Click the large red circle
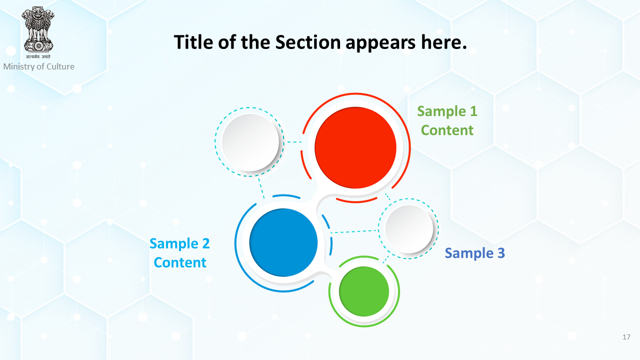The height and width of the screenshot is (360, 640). click(355, 147)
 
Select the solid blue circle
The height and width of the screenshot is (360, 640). click(283, 242)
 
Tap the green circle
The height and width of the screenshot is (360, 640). click(364, 291)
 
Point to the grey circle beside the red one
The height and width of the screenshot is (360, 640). click(250, 142)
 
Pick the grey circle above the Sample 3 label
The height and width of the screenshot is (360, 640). click(409, 229)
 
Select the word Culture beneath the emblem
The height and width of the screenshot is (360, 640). click(60, 66)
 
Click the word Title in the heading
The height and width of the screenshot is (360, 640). click(193, 42)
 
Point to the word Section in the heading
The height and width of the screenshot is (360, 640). click(308, 42)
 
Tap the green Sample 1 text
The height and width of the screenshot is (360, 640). click(447, 111)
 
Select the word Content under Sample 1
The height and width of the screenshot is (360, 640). click(447, 130)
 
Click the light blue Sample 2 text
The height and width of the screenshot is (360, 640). click(179, 243)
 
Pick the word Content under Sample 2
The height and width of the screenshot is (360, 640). click(180, 262)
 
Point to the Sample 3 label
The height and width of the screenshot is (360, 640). click(475, 253)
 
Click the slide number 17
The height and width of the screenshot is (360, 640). click(626, 337)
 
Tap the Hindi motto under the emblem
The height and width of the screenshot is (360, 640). click(38, 56)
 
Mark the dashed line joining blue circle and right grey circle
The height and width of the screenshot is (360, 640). click(354, 231)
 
